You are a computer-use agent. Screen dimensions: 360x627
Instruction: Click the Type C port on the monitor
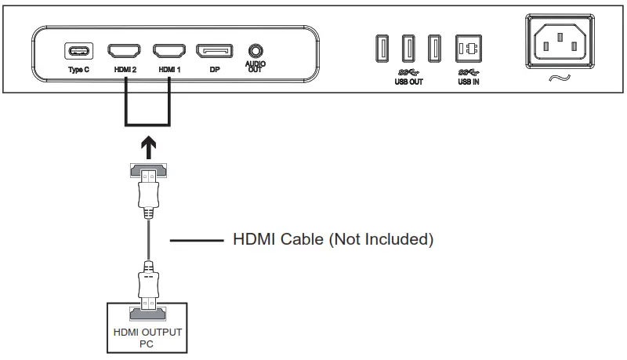[x=78, y=52]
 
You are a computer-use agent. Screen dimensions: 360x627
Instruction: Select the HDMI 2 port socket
[x=124, y=52]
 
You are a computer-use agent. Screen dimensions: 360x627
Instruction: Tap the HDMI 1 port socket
[x=168, y=52]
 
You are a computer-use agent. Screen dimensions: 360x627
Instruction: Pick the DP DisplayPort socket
[x=213, y=52]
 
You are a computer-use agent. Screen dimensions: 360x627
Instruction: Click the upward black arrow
[x=147, y=145]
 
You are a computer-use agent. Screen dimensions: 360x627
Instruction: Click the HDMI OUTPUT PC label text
[x=147, y=337]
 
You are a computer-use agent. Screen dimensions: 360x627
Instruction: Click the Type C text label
[x=78, y=70]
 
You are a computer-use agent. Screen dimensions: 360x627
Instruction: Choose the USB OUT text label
[x=408, y=81]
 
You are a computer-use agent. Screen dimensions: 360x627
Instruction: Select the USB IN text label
[x=468, y=81]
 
